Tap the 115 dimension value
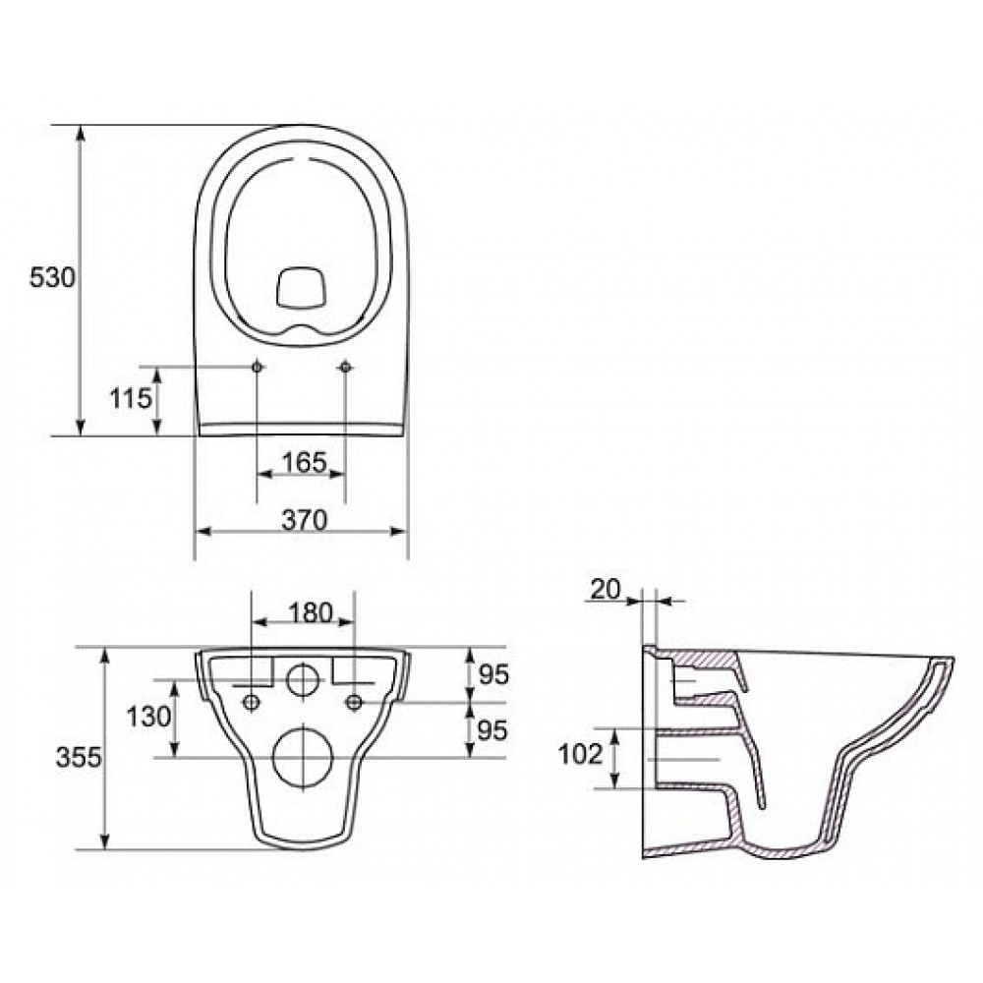pos(131,398)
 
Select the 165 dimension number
pos(304,463)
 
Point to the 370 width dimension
pos(304,520)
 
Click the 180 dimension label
pos(311,612)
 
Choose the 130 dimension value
pos(148,716)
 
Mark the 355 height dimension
pos(79,757)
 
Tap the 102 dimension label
pos(580,755)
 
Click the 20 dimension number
pos(606,589)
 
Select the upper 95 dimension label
pos(492,674)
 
